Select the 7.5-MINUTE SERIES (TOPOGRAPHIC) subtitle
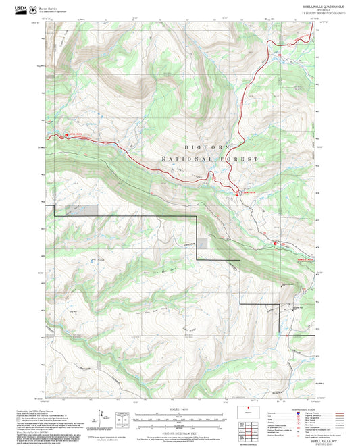click(x=324, y=14)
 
